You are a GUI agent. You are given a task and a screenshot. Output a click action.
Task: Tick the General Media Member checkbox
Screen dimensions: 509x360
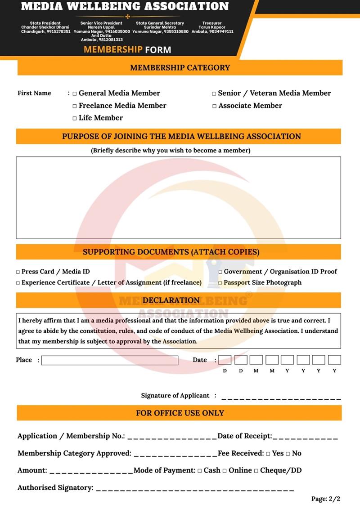click(x=75, y=94)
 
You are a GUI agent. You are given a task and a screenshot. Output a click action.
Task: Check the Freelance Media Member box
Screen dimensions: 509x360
click(x=75, y=106)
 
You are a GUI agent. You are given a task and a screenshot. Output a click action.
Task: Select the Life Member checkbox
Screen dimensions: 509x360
click(x=75, y=118)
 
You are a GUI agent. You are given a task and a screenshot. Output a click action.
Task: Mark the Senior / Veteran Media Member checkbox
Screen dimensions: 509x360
click(x=214, y=94)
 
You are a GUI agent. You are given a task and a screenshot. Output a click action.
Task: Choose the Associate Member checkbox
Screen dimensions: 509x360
click(x=214, y=106)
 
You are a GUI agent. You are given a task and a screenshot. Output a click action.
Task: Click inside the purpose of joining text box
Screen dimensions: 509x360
click(x=178, y=197)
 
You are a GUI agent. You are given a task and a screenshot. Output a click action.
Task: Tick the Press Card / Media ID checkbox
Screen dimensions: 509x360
click(x=18, y=272)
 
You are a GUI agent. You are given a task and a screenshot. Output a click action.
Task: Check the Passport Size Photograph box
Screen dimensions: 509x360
click(x=220, y=283)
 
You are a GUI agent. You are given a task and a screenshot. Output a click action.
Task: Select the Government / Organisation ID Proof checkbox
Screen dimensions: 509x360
click(x=220, y=272)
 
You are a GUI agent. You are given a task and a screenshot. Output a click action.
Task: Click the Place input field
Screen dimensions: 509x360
click(x=110, y=360)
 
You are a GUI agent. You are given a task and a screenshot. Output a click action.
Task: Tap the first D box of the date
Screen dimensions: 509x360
click(x=225, y=360)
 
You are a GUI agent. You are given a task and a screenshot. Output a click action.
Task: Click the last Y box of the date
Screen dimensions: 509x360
click(x=334, y=360)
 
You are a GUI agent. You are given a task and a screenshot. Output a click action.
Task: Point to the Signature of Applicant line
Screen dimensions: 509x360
click(x=281, y=397)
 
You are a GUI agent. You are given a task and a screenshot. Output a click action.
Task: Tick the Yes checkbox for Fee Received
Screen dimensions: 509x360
click(x=268, y=454)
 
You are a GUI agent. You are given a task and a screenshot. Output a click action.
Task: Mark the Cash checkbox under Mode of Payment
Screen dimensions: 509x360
click(x=200, y=471)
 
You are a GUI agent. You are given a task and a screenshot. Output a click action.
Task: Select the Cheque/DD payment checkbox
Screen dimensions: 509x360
click(x=256, y=471)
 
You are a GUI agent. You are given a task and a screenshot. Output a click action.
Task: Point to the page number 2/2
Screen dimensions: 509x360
click(x=326, y=499)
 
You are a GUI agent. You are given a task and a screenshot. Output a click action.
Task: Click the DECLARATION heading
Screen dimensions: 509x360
click(x=171, y=300)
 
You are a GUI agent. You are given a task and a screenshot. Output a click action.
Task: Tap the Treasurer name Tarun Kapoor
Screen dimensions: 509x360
click(x=212, y=27)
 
